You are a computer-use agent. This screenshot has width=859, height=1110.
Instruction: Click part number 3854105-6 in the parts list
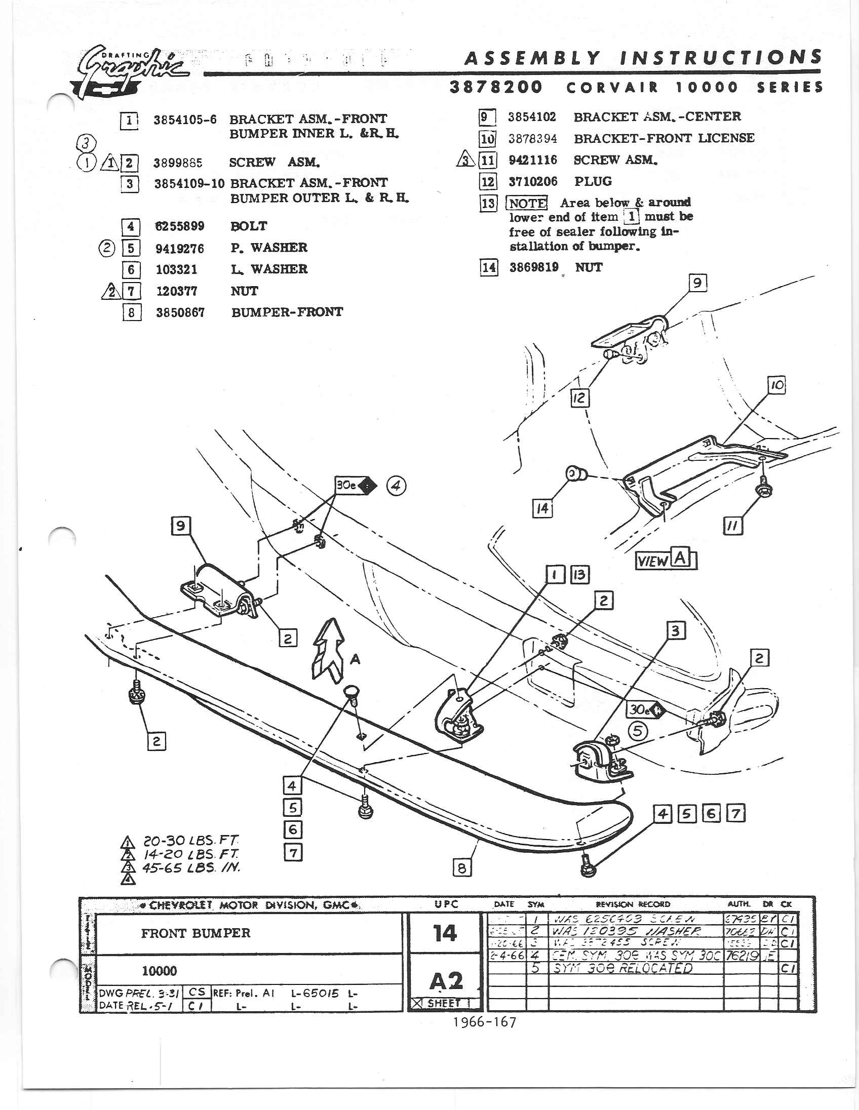[x=185, y=120]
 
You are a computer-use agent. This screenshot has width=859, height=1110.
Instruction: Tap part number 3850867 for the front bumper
[x=180, y=312]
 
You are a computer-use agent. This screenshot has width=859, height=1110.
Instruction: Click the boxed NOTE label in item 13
[x=527, y=203]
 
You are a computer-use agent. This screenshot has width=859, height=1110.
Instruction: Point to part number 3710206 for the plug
[x=533, y=181]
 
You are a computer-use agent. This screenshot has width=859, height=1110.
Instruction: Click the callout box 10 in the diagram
[x=777, y=385]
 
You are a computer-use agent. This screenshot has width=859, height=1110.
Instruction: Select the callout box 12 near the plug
[x=579, y=398]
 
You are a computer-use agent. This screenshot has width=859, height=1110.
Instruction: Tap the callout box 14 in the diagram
[x=542, y=508]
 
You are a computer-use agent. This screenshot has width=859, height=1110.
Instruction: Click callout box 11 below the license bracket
[x=732, y=527]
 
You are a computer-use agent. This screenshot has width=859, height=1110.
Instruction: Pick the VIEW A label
[x=666, y=560]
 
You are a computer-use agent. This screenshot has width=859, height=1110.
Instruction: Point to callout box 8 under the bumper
[x=461, y=867]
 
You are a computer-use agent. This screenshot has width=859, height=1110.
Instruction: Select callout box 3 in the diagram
[x=676, y=631]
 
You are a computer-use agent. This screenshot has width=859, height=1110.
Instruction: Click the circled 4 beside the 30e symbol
[x=397, y=486]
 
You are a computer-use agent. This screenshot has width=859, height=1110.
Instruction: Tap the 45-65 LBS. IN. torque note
[x=190, y=867]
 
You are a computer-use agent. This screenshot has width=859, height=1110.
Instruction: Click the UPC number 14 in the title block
[x=445, y=933]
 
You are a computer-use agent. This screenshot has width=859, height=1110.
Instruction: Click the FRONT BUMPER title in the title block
[x=196, y=933]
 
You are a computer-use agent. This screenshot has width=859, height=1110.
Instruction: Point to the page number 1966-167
[x=485, y=1022]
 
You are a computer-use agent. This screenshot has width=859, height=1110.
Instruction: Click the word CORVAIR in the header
[x=612, y=88]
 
